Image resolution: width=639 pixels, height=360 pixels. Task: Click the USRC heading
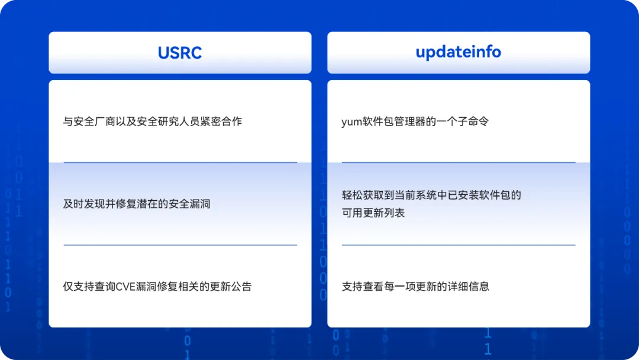pos(180,53)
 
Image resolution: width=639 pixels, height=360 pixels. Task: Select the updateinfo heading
pos(458,52)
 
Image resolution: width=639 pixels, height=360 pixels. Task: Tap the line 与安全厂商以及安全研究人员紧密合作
pos(153,121)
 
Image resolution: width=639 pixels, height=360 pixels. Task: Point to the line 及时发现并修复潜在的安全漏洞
pos(137,204)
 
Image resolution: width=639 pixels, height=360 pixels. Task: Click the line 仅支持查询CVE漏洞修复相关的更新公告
pos(157,287)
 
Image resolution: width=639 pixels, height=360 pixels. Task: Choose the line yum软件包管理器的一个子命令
pos(415,121)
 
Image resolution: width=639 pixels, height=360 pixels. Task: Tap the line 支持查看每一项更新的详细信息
pos(415,287)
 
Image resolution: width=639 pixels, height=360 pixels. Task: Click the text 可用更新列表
pos(373,213)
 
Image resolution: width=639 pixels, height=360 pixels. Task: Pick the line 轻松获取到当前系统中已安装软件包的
pos(431,195)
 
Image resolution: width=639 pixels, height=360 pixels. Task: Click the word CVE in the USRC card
pos(125,287)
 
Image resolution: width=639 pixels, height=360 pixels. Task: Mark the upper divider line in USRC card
pos(180,162)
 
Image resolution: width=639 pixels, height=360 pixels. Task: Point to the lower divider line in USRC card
pos(180,245)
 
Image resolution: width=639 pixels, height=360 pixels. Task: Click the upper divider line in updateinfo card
pos(459,162)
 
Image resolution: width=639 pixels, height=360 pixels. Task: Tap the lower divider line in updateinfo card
pos(459,245)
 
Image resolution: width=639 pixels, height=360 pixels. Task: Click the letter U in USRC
pos(163,53)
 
